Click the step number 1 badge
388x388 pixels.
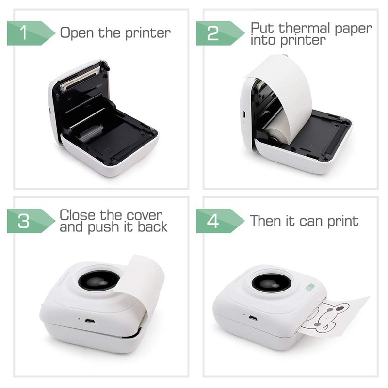[24, 33]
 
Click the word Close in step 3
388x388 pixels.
[78, 214]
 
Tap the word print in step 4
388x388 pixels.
[342, 221]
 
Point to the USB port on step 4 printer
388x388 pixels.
[253, 318]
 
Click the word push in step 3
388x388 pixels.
[102, 226]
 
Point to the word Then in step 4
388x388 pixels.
[266, 221]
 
